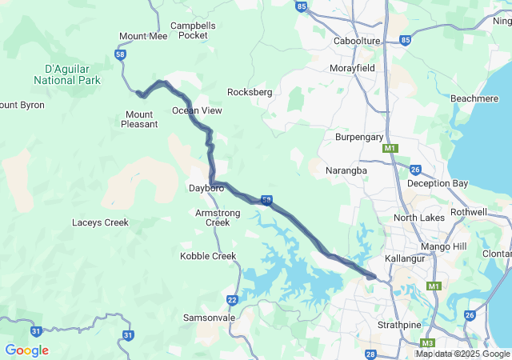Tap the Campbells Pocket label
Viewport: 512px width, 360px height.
pos(194,30)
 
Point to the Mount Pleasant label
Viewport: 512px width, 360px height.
pos(139,118)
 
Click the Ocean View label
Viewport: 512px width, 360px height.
pos(197,110)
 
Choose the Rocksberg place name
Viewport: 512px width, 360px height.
pos(250,92)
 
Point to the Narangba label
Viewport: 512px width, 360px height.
pos(346,171)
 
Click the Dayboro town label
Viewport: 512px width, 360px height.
pos(206,189)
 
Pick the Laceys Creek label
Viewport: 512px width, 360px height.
pos(100,222)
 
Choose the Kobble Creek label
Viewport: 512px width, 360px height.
pos(208,256)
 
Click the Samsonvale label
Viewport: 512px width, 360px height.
pos(210,318)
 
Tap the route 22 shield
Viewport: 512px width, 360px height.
pos(232,300)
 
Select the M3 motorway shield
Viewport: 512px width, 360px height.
pos(429,342)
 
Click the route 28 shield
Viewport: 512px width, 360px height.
pos(370,354)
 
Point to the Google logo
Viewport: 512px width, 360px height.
pos(27,350)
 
